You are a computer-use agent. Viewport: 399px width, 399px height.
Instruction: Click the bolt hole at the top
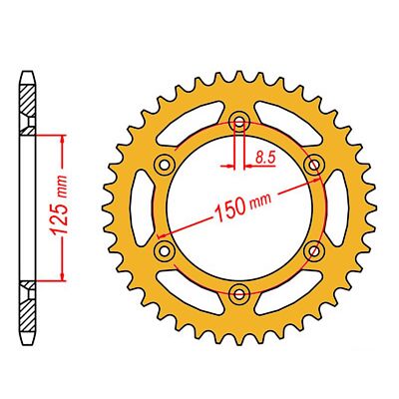[239, 122]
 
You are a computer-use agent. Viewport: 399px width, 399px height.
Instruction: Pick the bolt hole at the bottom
[239, 291]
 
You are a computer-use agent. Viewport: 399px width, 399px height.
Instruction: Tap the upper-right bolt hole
[314, 164]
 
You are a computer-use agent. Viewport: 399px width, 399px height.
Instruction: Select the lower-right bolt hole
[314, 249]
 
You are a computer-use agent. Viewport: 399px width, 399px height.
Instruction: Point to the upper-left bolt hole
[166, 164]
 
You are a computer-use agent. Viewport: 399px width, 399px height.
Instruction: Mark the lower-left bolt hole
[166, 249]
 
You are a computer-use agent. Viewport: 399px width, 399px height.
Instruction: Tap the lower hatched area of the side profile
[28, 300]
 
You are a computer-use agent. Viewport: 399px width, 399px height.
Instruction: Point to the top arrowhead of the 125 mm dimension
[64, 138]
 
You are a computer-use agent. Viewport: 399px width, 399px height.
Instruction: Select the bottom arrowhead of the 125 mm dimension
[64, 275]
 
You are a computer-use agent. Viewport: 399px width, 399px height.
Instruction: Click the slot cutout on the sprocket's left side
[144, 206]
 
